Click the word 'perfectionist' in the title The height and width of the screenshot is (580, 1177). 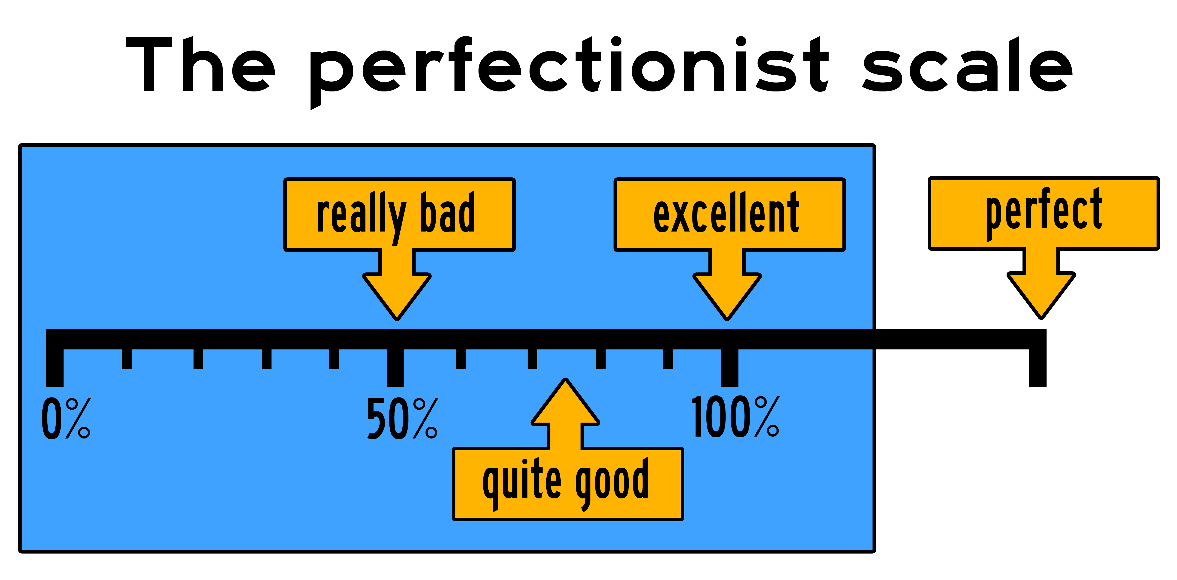tap(569, 66)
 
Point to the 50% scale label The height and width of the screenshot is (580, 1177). tap(402, 418)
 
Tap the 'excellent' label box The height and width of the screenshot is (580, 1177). tap(729, 215)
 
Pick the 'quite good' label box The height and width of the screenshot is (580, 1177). tap(568, 484)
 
